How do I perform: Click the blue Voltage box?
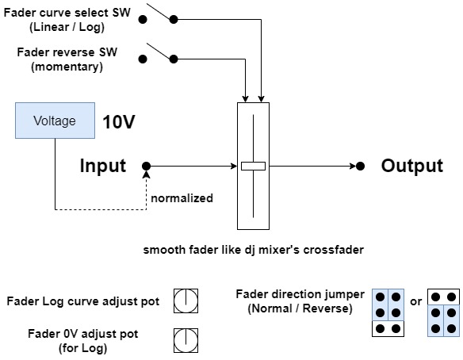55,121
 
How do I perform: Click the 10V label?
119,121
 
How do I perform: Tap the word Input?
103,166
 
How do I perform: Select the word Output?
412,166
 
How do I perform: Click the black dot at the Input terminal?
146,167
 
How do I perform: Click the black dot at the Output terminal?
360,167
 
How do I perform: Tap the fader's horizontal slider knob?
253,167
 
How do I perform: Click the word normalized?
182,198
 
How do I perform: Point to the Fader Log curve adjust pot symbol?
186,301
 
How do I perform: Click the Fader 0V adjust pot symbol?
186,340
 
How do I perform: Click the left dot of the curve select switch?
143,20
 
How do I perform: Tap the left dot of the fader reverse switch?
143,59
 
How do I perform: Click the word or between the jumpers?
415,301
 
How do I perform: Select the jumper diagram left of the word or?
388,312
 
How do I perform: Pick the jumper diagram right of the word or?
443,312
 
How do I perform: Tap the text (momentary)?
67,67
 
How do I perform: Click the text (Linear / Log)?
67,27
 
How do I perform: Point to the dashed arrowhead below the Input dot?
146,174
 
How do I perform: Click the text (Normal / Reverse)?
300,308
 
